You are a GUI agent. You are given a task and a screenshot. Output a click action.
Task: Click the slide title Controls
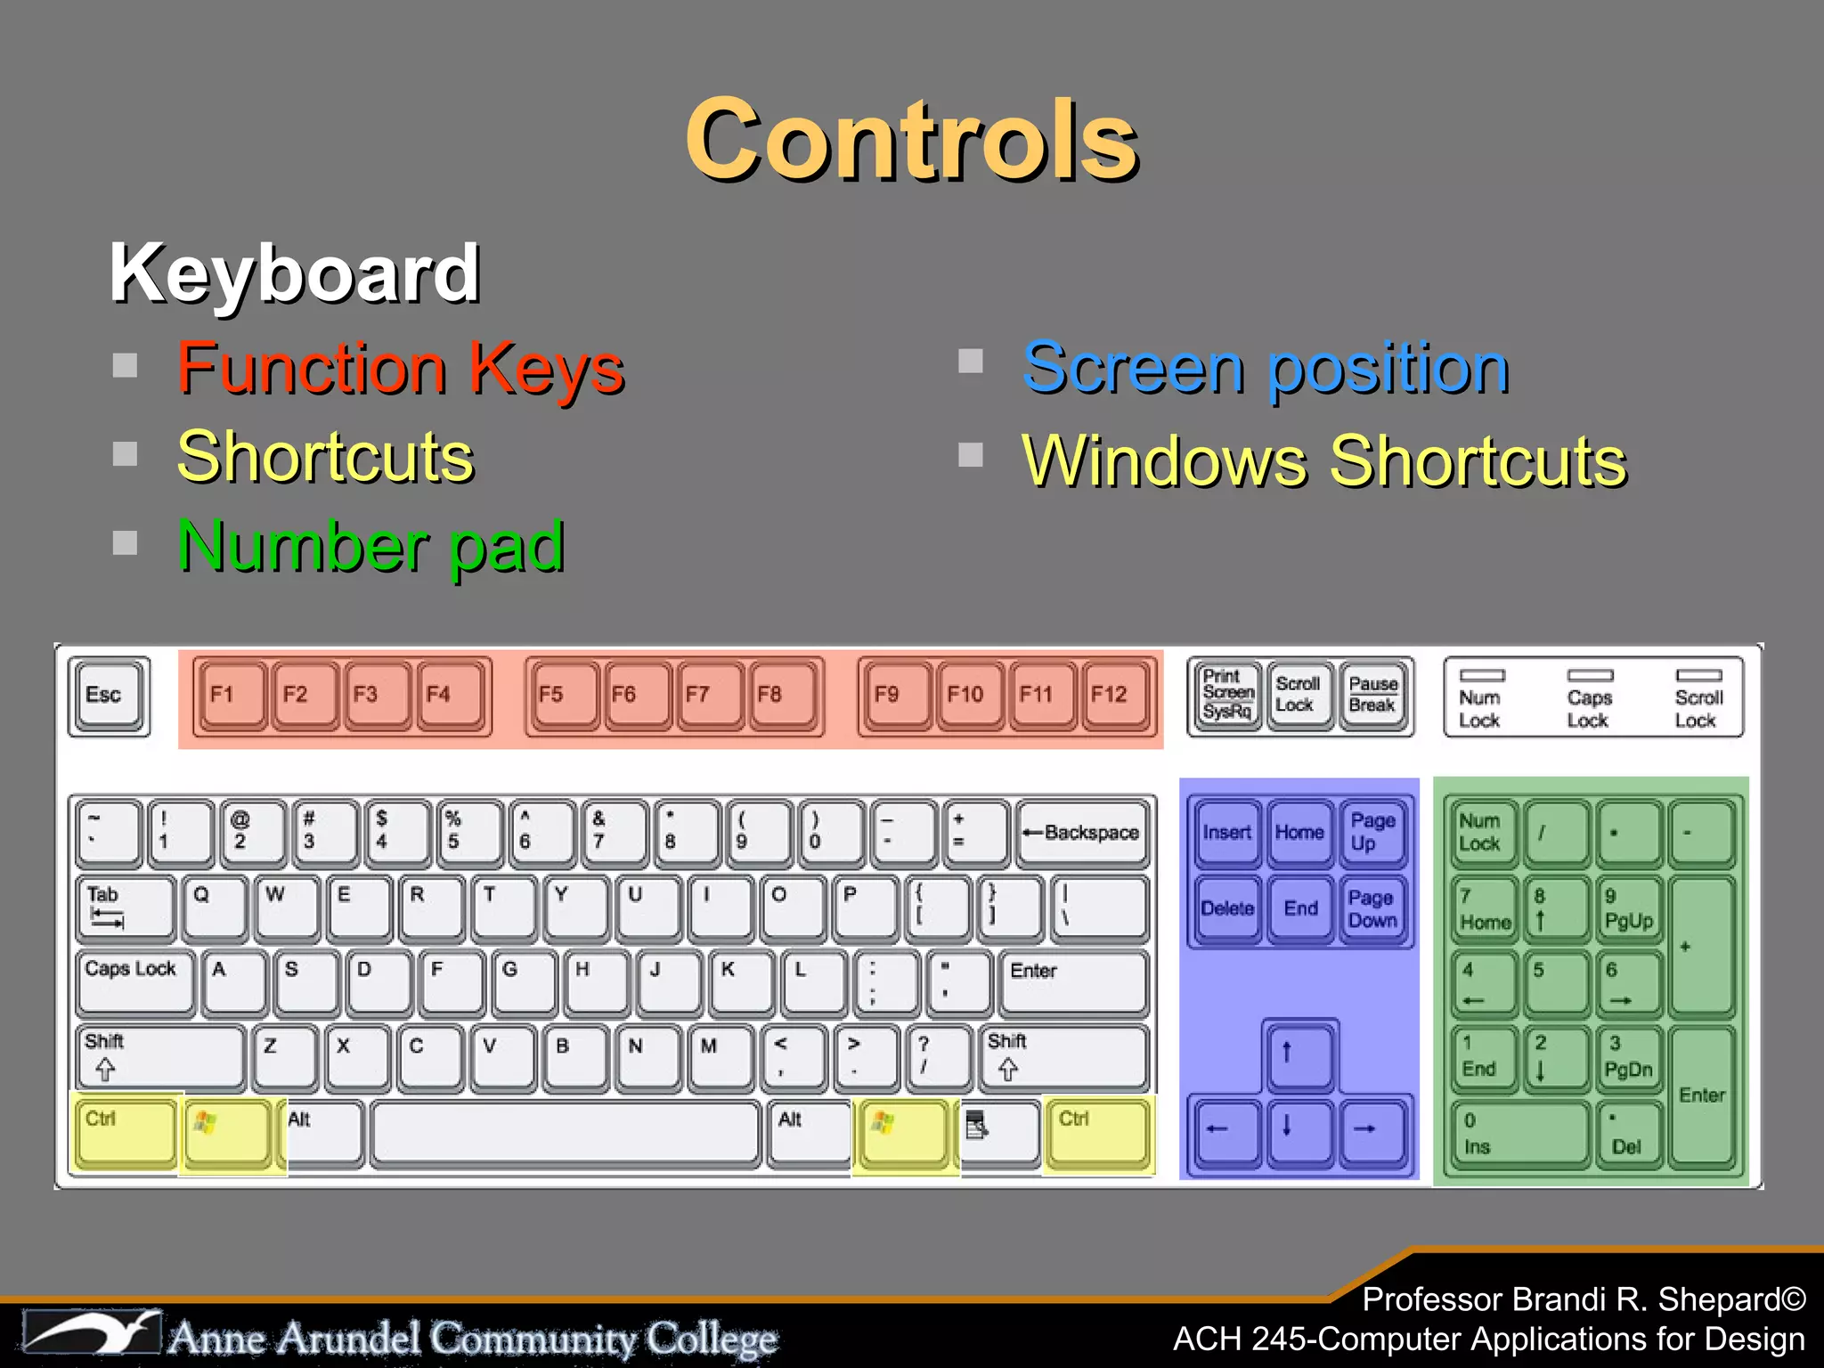pyautogui.click(x=912, y=141)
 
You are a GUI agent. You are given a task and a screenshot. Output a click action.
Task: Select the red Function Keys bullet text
pyautogui.click(x=401, y=369)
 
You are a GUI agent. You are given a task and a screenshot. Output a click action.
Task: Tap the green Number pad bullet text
pyautogui.click(x=371, y=546)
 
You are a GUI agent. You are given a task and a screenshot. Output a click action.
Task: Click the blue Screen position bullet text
pyautogui.click(x=1266, y=369)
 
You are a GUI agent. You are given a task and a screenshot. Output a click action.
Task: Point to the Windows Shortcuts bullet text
pyautogui.click(x=1324, y=461)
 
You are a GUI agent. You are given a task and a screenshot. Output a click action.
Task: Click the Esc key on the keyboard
pyautogui.click(x=109, y=696)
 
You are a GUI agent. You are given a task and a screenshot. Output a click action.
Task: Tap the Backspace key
pyautogui.click(x=1082, y=834)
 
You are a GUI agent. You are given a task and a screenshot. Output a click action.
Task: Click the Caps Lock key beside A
pyautogui.click(x=134, y=981)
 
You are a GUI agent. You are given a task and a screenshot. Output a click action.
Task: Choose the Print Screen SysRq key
pyautogui.click(x=1227, y=696)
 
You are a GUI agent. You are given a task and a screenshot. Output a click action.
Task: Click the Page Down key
pyautogui.click(x=1372, y=909)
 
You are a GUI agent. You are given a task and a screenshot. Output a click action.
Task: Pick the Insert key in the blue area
pyautogui.click(x=1227, y=834)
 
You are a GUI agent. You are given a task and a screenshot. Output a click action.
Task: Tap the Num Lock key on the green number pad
pyautogui.click(x=1483, y=834)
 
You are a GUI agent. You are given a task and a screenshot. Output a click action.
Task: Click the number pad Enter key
pyautogui.click(x=1701, y=1095)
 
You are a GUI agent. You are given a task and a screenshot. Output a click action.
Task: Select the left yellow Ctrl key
pyautogui.click(x=125, y=1133)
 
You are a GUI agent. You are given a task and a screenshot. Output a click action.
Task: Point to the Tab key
pyautogui.click(x=125, y=908)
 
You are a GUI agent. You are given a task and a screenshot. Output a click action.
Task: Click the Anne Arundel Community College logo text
pyautogui.click(x=472, y=1338)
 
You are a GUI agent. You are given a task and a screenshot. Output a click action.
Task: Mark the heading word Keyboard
pyautogui.click(x=295, y=274)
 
